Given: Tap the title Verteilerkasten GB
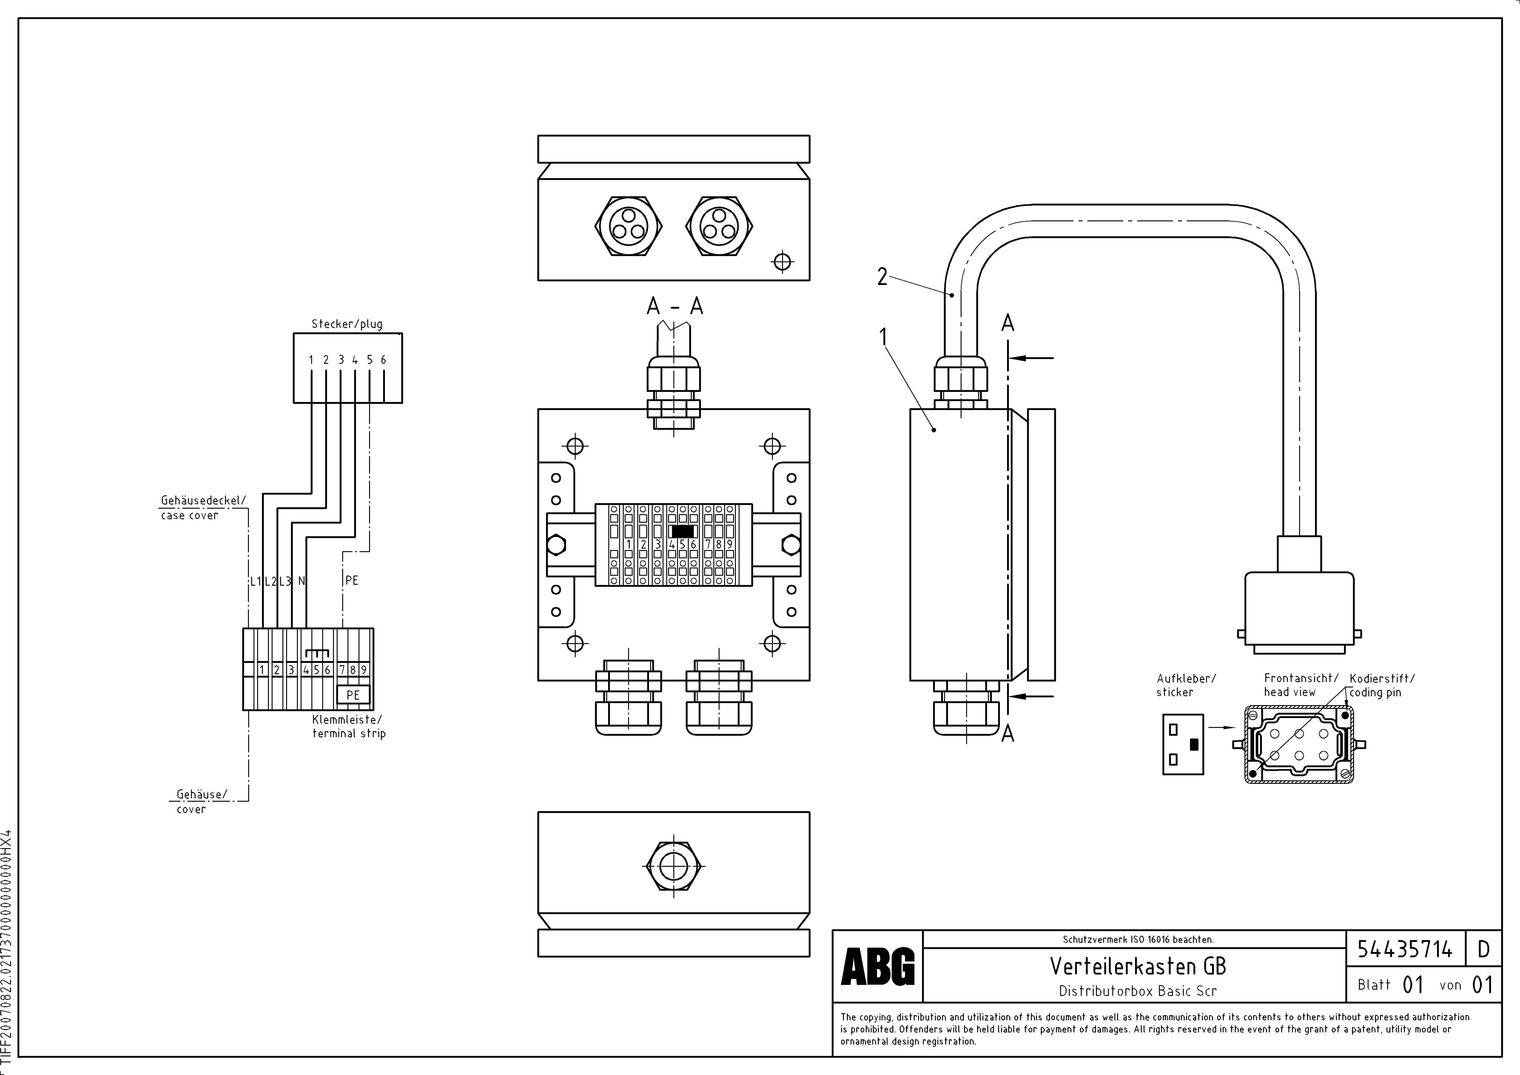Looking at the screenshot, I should click(1137, 967).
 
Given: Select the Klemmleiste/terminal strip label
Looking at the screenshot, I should click(348, 726).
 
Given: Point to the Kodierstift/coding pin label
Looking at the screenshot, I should click(1382, 685).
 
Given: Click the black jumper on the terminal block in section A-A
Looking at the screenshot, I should click(682, 531).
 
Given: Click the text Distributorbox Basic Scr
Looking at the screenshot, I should click(1137, 991).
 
